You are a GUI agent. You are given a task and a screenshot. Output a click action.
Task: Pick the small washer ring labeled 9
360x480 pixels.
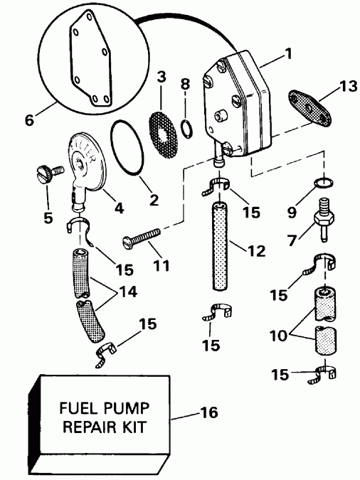323,184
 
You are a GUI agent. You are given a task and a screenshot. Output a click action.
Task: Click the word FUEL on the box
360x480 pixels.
80,411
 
